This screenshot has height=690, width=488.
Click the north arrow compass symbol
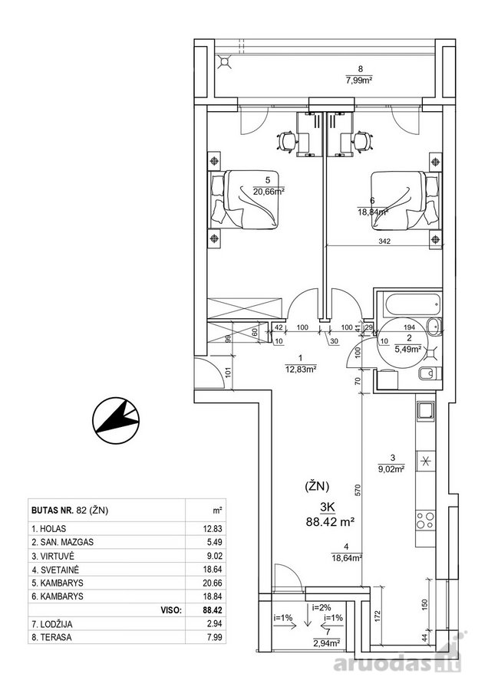click(x=116, y=420)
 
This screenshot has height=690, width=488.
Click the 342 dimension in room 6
click(x=385, y=242)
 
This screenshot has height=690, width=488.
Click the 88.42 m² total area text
click(x=331, y=522)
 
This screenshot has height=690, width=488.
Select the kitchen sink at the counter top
click(x=425, y=412)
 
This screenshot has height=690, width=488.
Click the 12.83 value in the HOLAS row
click(x=213, y=529)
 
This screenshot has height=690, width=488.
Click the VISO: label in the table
click(x=172, y=610)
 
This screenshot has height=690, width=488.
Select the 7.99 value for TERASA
click(x=216, y=637)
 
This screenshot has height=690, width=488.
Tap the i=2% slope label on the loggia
click(x=321, y=608)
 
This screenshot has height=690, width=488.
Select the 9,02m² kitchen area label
click(x=391, y=469)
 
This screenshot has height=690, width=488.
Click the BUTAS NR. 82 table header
click(x=70, y=511)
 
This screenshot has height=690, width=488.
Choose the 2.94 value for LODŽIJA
click(x=216, y=623)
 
